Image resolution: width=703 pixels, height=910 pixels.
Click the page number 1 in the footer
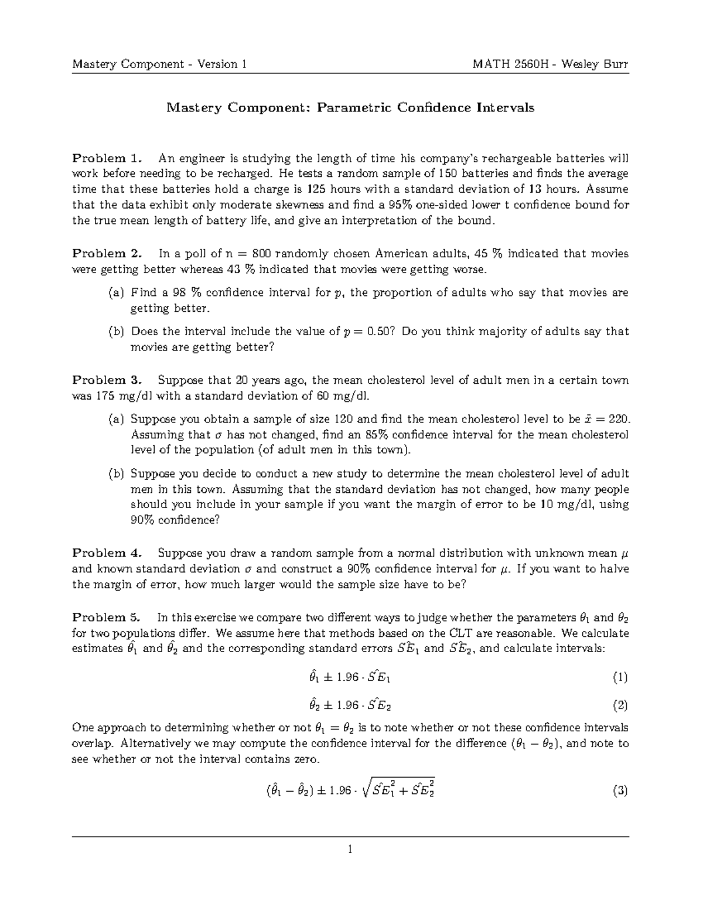coord(350,848)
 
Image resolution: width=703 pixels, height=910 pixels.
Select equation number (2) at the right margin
coord(620,705)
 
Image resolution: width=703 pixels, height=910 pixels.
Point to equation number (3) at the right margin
coord(620,791)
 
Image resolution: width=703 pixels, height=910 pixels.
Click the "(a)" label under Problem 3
coord(116,420)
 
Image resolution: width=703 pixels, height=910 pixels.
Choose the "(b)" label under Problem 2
coord(116,332)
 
